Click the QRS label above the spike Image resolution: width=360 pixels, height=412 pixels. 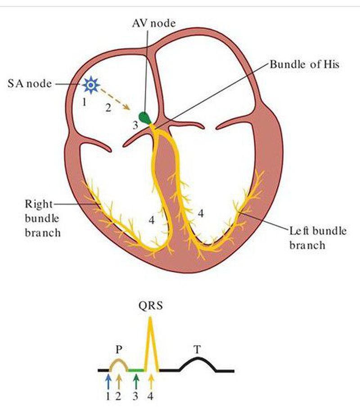[151, 307]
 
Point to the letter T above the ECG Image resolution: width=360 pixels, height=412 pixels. [197, 349]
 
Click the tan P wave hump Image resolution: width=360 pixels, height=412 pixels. [118, 361]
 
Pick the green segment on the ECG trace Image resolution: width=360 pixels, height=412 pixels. [136, 370]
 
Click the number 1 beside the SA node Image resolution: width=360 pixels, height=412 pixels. [84, 102]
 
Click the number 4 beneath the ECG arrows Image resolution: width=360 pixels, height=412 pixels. [151, 397]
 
